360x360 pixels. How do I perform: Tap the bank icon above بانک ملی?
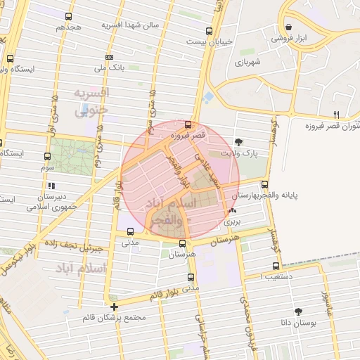click(109, 57)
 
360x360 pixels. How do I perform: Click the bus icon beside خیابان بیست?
click(209, 31)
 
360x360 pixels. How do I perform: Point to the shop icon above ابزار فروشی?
click(288, 27)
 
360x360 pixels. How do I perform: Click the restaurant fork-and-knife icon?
click(337, 115)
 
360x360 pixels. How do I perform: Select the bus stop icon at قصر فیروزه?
click(187, 124)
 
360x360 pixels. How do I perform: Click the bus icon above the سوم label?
click(47, 156)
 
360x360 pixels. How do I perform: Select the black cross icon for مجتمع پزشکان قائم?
click(114, 307)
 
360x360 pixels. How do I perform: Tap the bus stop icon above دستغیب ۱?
click(276, 266)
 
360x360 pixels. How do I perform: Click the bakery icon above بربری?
click(232, 210)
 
